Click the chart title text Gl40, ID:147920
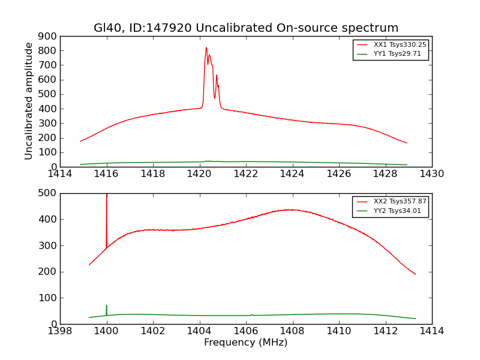tap(245, 28)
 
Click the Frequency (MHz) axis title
tap(245, 343)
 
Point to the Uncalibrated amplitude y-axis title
tap(29, 101)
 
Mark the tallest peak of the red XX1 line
tap(206, 48)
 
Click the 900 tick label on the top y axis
tap(48, 36)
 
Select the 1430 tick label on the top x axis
tap(432, 174)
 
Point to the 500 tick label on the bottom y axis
tap(48, 193)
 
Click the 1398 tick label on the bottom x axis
tap(60, 331)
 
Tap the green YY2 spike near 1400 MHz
tap(107, 307)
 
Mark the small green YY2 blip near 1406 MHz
tap(252, 314)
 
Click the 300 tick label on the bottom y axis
tap(48, 245)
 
